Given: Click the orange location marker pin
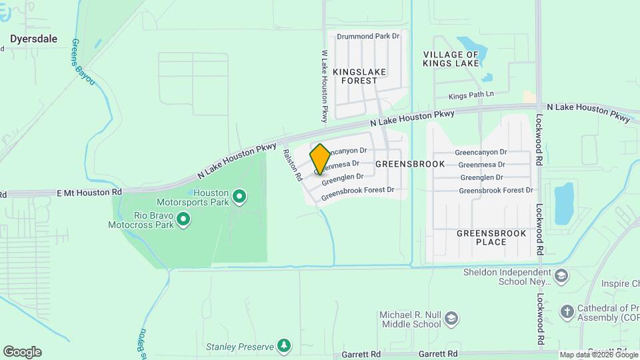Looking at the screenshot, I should click(320, 159).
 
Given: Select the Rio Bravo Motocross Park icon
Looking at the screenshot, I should click(184, 219).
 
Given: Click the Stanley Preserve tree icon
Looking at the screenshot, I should click(284, 345).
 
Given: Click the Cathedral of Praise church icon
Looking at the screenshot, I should click(567, 311).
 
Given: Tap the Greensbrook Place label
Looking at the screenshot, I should click(491, 237).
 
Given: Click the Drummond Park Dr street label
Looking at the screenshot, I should click(368, 36).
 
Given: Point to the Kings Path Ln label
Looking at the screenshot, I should click(471, 96).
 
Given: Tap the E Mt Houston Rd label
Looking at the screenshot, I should click(90, 192).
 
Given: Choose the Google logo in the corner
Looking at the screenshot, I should click(22, 352).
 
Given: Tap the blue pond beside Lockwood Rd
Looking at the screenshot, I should click(564, 203).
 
